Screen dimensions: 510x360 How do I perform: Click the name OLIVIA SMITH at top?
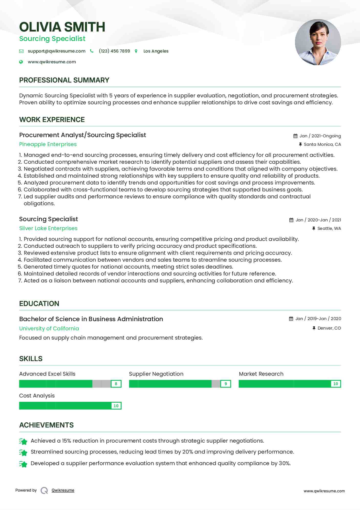tap(62, 27)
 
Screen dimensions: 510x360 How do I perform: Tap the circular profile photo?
tap(318, 42)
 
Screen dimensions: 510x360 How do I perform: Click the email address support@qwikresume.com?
tap(57, 51)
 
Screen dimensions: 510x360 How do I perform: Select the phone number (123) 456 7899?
tap(114, 51)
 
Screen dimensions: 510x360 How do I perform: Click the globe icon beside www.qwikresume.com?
tap(21, 62)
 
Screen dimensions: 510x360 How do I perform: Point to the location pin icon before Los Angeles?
tap(136, 51)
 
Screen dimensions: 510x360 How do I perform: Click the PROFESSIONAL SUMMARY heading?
tap(64, 80)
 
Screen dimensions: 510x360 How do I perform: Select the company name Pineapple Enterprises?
tap(48, 144)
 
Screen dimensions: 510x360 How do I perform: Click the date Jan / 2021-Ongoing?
tap(320, 136)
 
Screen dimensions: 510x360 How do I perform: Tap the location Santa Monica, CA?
tap(322, 144)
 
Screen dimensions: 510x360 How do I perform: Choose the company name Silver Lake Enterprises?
tap(48, 228)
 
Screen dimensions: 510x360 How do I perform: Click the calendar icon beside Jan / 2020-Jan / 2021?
tap(291, 220)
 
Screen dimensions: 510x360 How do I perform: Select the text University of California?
tap(49, 329)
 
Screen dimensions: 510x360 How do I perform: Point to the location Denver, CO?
tap(329, 328)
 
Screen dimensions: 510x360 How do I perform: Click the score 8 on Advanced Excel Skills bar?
tap(116, 384)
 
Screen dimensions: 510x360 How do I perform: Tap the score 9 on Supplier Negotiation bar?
tap(226, 384)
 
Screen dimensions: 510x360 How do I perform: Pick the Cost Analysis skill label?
tap(37, 396)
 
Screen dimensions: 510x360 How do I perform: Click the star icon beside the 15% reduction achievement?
tap(23, 442)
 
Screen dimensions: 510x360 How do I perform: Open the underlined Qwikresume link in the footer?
tap(63, 490)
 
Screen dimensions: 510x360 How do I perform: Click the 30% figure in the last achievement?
tap(285, 463)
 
